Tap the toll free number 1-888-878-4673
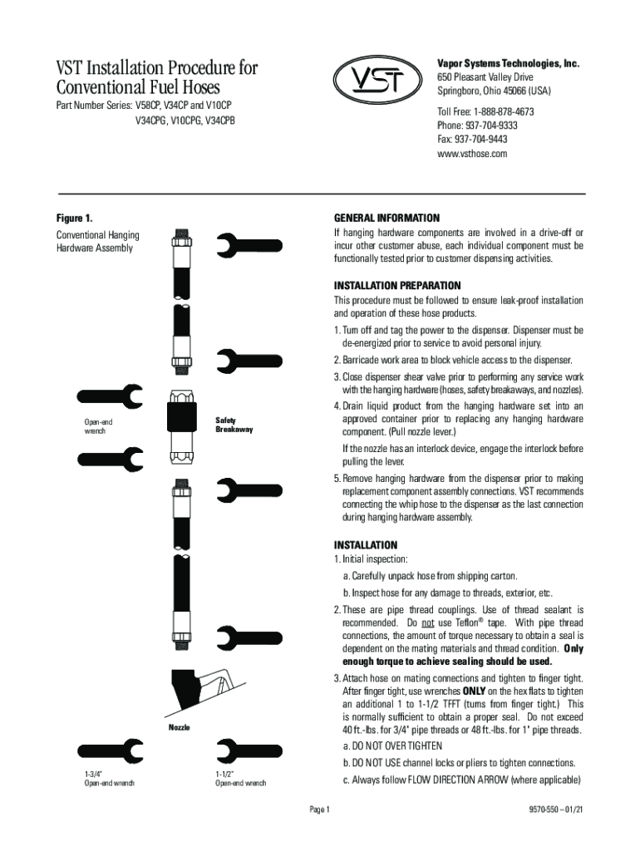[x=485, y=111]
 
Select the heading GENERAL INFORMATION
[x=386, y=217]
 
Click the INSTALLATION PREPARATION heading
[x=403, y=285]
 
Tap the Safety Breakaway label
[x=234, y=425]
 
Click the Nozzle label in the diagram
[x=178, y=727]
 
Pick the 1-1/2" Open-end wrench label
[x=240, y=778]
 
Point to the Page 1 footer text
[x=320, y=809]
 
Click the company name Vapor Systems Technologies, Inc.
[x=508, y=64]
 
